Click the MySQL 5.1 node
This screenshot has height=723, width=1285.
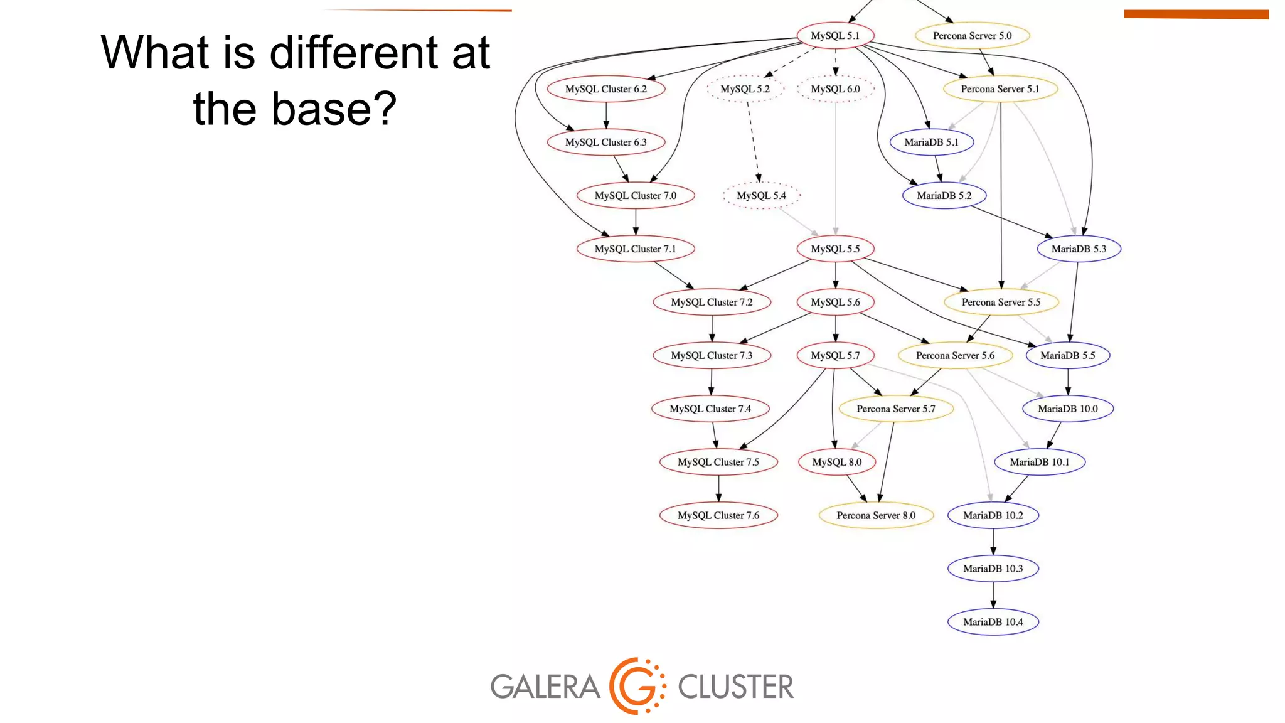(835, 36)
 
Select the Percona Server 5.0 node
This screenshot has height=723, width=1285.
(972, 36)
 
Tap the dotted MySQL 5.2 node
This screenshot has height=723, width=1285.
(745, 89)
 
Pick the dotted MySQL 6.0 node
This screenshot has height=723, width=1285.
(835, 89)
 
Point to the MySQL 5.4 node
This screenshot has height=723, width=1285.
(761, 196)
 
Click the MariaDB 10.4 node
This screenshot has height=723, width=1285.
(993, 622)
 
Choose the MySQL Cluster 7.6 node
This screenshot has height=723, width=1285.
(718, 515)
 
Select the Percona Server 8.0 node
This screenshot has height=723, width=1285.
(876, 515)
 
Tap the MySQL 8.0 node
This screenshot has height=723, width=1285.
(837, 462)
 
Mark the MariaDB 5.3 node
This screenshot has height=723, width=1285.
(1079, 249)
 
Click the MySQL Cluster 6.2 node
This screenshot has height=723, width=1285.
(605, 89)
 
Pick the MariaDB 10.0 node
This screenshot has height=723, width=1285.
(1067, 409)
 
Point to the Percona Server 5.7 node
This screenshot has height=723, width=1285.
(896, 409)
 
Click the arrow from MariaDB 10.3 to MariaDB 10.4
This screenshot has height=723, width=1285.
(993, 595)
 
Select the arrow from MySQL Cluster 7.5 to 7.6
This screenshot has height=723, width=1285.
(718, 488)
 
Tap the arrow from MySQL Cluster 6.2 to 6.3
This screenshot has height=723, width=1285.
(605, 115)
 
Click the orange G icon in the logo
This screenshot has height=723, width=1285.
(636, 686)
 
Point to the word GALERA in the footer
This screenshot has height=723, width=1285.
(545, 687)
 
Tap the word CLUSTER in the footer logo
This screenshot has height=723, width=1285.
(735, 687)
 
